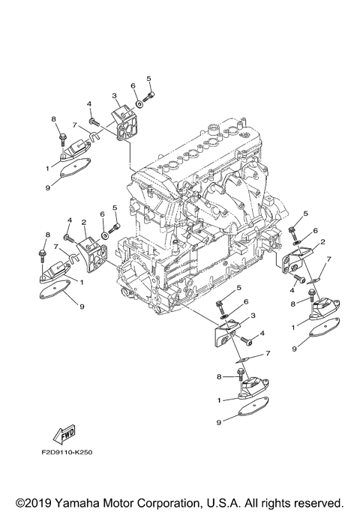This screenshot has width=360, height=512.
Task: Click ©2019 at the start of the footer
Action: point(36,499)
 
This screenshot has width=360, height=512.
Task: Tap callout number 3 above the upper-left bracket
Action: point(115,96)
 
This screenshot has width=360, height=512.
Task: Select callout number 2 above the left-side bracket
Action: point(85,222)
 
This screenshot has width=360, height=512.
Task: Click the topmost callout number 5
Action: point(148,79)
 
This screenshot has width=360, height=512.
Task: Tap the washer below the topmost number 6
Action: point(139,103)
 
